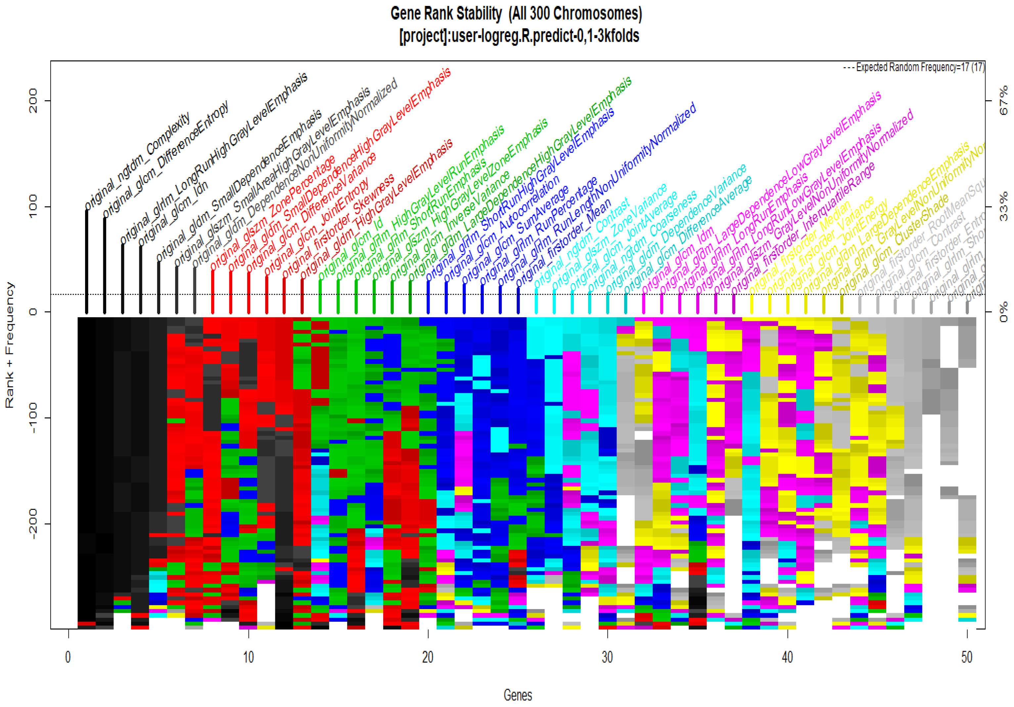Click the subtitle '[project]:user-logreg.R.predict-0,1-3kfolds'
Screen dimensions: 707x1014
[519, 36]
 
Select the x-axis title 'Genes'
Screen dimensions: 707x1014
[518, 695]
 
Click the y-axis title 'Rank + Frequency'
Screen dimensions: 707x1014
[10, 345]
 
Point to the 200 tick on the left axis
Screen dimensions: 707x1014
[33, 101]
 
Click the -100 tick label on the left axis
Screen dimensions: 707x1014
[33, 418]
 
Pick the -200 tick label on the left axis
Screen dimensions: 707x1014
[33, 524]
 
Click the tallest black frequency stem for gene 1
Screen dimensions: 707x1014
[87, 261]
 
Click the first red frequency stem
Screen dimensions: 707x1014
[212, 291]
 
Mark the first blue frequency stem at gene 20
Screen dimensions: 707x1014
[428, 296]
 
